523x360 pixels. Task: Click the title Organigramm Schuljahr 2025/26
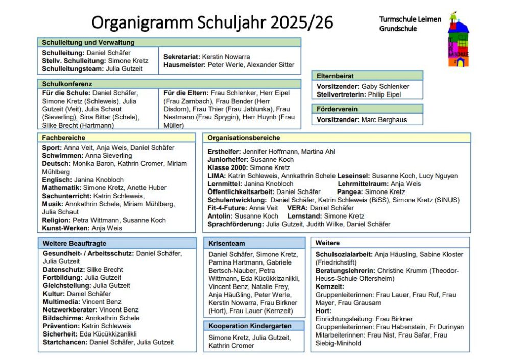[212, 22]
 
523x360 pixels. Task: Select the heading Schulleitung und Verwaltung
[88, 43]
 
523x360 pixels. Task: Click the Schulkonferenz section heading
[67, 84]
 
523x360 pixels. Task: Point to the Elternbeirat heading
[335, 76]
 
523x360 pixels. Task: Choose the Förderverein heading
[337, 109]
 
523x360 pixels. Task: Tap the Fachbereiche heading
[64, 138]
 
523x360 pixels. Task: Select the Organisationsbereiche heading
[244, 138]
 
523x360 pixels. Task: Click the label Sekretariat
[181, 57]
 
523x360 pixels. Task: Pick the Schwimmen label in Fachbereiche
[62, 156]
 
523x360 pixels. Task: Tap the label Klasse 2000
[227, 167]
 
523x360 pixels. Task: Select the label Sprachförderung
[235, 224]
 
